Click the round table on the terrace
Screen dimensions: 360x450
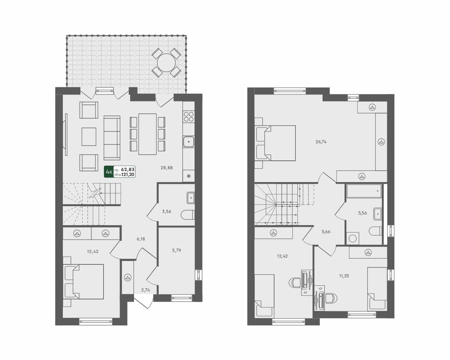tap(166, 62)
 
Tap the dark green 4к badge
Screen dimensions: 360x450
tap(109, 172)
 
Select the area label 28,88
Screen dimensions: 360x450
tap(167, 167)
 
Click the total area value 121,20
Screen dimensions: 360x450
tap(128, 174)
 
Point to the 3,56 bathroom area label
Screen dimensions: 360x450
tap(167, 211)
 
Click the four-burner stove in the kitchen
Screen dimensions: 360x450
tap(188, 117)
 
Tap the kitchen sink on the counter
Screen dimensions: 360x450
tap(188, 142)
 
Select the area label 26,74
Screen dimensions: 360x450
tap(321, 142)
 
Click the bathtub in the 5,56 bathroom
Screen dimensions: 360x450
tap(364, 191)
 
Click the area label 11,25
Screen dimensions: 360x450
tap(344, 276)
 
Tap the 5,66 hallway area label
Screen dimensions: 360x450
tap(326, 231)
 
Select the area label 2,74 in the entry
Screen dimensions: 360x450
tap(145, 290)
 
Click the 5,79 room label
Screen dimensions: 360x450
tap(177, 250)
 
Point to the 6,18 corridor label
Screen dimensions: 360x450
tap(141, 239)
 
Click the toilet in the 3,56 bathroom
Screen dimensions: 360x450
tap(188, 215)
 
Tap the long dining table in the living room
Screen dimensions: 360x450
tap(147, 134)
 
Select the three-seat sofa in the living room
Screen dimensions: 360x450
tap(112, 138)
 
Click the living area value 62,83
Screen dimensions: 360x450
tap(128, 169)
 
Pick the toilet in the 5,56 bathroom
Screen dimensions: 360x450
tap(376, 230)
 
